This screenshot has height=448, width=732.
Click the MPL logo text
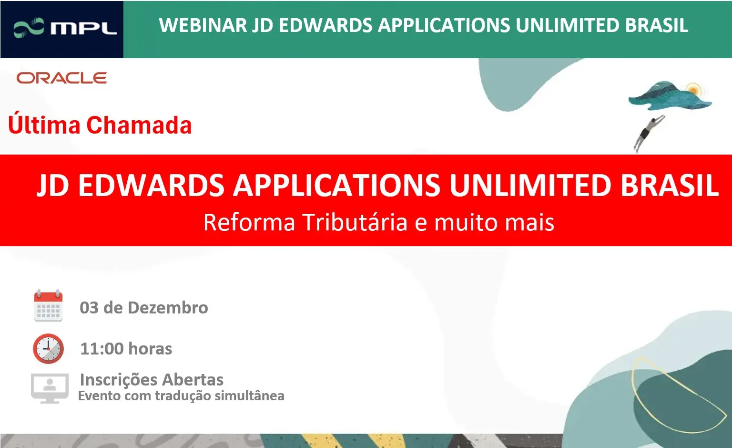84,28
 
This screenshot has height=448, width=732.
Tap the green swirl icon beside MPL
29,28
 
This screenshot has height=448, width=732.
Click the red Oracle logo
62,78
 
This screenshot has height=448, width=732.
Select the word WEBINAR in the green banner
203,25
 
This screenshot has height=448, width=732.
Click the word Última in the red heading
44,125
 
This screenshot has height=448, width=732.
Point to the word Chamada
139,125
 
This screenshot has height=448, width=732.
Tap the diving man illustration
649,133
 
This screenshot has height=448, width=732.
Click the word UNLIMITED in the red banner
530,185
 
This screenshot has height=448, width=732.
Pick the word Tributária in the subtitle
355,222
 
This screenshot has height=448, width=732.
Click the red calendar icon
48,306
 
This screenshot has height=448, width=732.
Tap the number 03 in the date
89,308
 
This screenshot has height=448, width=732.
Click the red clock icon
48,348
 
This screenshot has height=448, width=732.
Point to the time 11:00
102,348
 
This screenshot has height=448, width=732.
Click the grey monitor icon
50,388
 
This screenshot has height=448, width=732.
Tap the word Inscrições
119,380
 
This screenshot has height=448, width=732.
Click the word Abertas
193,380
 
